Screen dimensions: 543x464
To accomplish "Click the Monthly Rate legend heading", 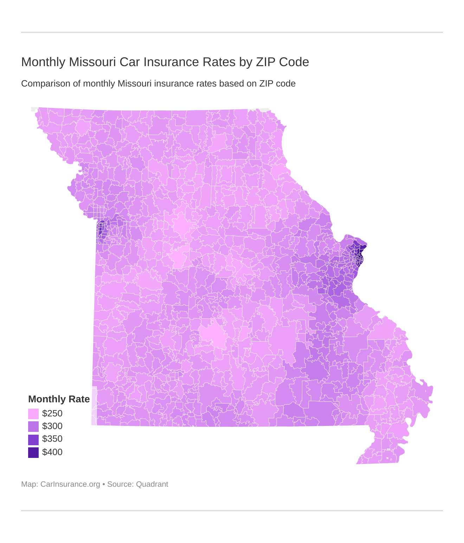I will coord(59,399).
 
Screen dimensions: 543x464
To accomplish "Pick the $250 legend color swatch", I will coord(33,414).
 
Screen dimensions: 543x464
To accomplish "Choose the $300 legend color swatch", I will coord(33,426).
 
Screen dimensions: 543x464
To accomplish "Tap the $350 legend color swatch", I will coord(33,439).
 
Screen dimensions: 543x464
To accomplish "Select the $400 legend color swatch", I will coord(33,452).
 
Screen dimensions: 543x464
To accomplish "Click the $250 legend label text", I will coord(52,414).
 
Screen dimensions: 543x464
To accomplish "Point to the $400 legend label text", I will coord(52,452).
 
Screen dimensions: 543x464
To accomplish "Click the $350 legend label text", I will coord(52,439).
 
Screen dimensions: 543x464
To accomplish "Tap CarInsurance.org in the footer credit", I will coord(70,484).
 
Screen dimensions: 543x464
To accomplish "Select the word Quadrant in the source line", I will coord(152,484).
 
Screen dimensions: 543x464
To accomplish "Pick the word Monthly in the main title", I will coord(43,62).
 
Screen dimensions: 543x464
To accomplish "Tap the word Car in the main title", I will coord(130,62).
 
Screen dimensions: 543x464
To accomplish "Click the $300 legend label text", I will coord(52,426).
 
